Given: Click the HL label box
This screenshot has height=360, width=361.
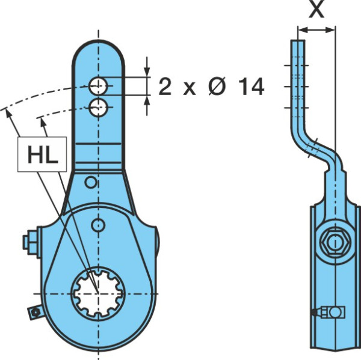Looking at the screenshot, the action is point(42,154).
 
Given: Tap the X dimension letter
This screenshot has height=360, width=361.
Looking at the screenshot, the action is point(316,10).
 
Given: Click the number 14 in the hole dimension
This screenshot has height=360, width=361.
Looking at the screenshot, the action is point(251,87).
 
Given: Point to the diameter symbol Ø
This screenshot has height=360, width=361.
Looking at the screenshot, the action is point(217,87).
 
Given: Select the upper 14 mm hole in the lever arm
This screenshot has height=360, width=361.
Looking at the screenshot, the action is point(98,86).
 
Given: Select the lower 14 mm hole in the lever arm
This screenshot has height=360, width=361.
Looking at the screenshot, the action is point(98,107).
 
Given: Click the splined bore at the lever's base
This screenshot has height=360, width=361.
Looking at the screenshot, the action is point(99,294).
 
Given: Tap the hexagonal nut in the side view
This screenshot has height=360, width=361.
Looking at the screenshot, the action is point(335,242).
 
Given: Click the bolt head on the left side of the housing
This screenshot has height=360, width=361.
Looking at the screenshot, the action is point(31,242).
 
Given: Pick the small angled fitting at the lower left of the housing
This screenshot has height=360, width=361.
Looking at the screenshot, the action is point(35,312).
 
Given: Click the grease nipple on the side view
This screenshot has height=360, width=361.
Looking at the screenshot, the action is point(329,312).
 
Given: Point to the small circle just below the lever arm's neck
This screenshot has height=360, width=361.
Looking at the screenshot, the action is point(91,183).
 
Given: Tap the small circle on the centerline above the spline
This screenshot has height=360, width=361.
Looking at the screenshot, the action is point(98,225).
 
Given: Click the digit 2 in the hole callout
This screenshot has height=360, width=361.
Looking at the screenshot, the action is point(165,87).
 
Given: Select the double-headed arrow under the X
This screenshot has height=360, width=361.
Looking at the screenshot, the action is point(316,29).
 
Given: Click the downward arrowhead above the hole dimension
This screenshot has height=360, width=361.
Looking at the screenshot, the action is point(147,71).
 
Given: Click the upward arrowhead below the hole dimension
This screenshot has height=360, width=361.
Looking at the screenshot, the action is point(147,101).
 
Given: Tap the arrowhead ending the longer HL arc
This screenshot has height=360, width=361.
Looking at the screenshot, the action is point(8,114).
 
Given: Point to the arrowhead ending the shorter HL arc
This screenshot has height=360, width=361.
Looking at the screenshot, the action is point(43,122).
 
